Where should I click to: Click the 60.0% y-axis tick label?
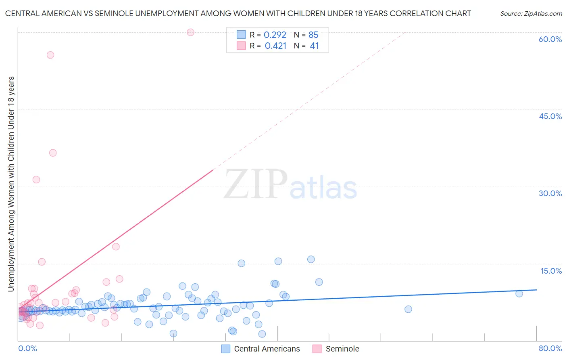(550, 39)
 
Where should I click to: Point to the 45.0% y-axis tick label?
(550, 116)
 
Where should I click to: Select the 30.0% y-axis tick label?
(550, 193)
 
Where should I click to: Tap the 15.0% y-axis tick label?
(551, 271)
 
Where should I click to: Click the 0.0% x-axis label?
(27, 348)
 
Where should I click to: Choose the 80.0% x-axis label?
(550, 348)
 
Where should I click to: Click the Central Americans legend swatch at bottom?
(226, 349)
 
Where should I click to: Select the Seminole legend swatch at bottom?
(317, 349)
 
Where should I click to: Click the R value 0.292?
(275, 35)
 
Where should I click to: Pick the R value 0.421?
(275, 46)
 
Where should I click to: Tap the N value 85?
(313, 35)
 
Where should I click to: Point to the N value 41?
(314, 46)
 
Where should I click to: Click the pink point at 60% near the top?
(190, 32)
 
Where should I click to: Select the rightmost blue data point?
(519, 293)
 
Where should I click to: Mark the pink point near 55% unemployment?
(50, 55)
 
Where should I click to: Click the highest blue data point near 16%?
(311, 259)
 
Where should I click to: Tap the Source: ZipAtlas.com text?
(531, 14)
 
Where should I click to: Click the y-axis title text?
(11, 184)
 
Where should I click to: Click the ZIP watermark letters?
(256, 184)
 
